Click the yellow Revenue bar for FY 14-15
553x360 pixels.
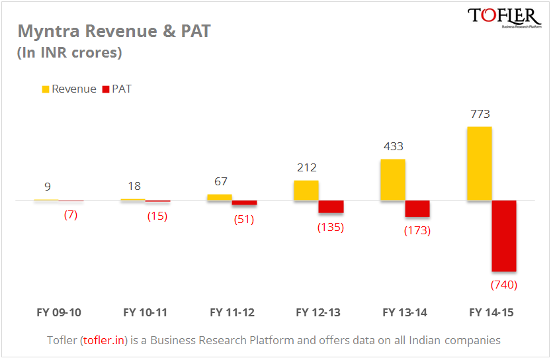479,163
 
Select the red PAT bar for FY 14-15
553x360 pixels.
504,236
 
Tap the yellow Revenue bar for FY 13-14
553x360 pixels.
392,179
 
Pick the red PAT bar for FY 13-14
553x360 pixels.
417,208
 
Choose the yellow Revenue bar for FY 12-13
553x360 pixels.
306,190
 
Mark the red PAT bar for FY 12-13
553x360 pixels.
331,206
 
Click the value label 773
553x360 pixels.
479,114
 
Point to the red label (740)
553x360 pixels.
503,285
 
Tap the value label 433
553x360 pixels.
393,147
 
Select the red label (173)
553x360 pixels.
417,231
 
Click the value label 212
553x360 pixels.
307,168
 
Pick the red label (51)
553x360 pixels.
244,220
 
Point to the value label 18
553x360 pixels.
134,187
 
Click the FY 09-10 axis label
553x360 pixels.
59,312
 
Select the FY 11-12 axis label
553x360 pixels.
232,312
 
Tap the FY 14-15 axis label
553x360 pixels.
491,312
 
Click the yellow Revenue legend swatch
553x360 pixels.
46,89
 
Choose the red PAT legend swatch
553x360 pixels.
105,89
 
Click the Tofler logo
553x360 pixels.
504,18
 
